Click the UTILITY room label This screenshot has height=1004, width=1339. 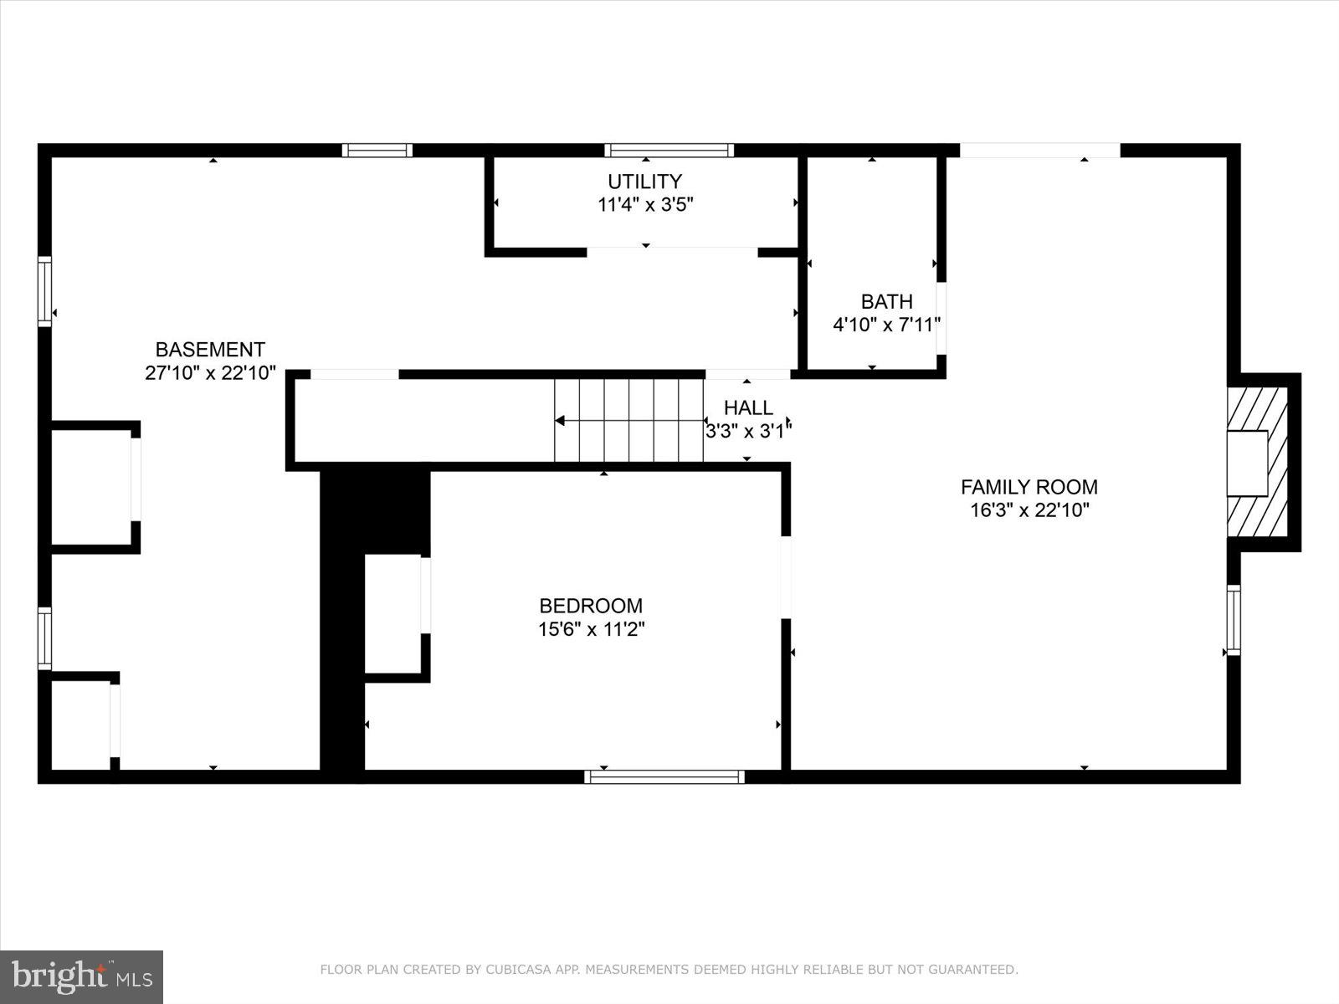tap(644, 182)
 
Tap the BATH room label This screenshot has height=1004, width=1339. tap(886, 301)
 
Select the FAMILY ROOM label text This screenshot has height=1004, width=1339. tap(1029, 487)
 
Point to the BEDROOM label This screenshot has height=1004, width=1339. tap(591, 606)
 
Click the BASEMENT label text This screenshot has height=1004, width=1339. tap(210, 350)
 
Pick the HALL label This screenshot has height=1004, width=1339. tap(748, 408)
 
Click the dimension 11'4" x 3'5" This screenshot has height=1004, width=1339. tap(645, 205)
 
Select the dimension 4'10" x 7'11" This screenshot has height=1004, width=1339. tap(887, 325)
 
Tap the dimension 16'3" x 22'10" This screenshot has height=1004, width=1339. tap(1029, 510)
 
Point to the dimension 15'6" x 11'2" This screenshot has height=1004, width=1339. tap(591, 629)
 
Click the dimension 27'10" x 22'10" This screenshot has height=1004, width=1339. tap(210, 373)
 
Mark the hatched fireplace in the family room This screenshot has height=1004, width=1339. tap(1258, 462)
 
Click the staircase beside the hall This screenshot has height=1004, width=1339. tap(628, 420)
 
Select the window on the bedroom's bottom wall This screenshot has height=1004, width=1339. tap(664, 776)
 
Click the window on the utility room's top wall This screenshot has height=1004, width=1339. tap(669, 151)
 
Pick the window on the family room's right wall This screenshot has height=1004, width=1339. tap(1233, 620)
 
